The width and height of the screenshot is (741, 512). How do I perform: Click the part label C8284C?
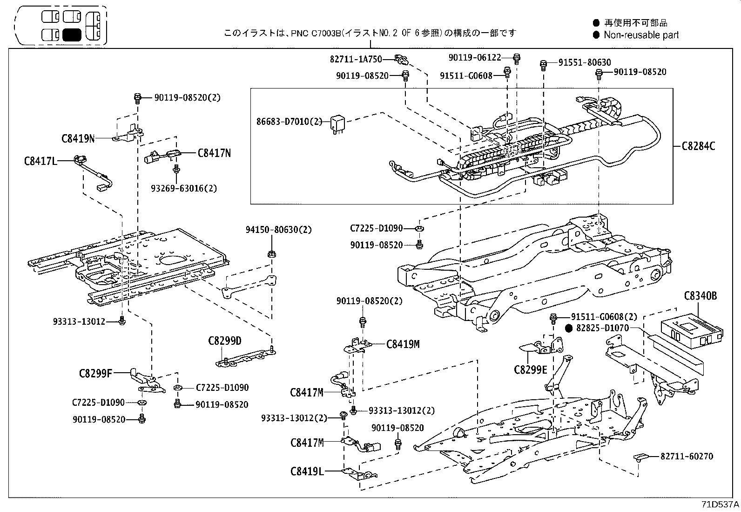(x=698, y=146)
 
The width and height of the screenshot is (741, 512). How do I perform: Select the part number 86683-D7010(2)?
(x=289, y=122)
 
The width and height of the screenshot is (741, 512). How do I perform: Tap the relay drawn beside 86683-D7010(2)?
(x=337, y=123)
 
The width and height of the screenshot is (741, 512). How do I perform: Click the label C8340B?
(x=700, y=295)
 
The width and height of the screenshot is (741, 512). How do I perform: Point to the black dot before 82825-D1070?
(x=569, y=328)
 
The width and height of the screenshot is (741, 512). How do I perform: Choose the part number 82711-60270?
(x=687, y=457)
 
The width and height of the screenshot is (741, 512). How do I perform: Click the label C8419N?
(x=78, y=138)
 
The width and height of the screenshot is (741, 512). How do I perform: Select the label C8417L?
(x=40, y=161)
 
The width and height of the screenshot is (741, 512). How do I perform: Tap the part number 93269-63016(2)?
(x=184, y=189)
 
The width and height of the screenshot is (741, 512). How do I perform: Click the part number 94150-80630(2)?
(x=279, y=230)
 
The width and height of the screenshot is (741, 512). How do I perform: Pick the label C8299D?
(x=225, y=341)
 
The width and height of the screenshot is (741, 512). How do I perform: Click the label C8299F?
(x=95, y=373)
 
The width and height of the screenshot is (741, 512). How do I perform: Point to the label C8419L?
(x=307, y=471)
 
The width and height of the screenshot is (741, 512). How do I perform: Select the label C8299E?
(x=530, y=370)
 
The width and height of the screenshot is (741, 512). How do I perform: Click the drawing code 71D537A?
(x=720, y=505)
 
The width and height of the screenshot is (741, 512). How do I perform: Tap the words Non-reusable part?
(x=641, y=35)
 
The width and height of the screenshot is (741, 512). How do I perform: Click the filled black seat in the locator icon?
(x=72, y=35)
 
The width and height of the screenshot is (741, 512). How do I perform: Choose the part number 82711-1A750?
(x=356, y=59)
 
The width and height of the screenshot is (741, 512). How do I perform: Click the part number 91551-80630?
(x=585, y=62)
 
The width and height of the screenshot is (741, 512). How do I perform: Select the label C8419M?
(x=403, y=344)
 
